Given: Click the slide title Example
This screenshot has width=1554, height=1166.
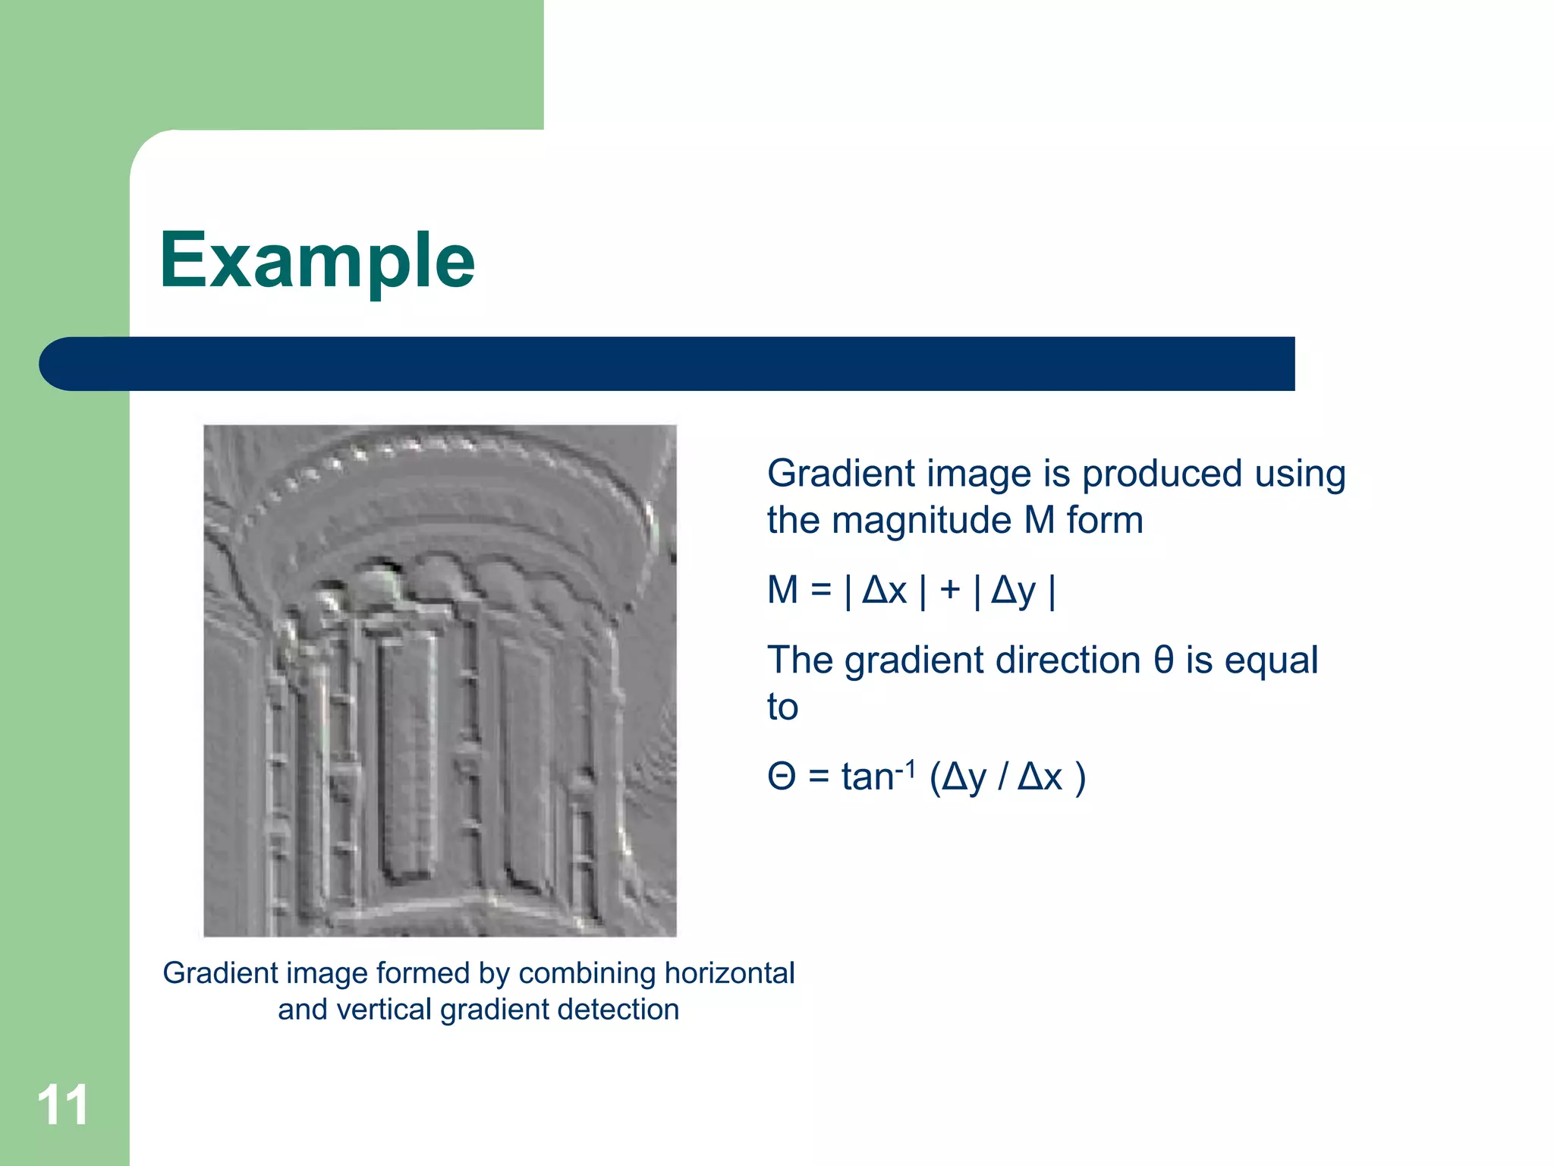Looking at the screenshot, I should point(316,261).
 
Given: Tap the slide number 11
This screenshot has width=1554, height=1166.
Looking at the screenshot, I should point(63,1105).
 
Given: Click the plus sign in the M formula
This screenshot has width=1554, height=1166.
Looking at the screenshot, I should point(949,590).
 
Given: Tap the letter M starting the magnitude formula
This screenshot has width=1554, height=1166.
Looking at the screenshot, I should point(783,590).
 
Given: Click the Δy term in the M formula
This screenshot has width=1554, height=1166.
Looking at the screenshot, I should point(1014,591).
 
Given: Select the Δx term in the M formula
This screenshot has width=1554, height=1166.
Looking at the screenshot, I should point(885,590).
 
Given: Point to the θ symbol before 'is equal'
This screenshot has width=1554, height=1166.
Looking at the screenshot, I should point(1163,659).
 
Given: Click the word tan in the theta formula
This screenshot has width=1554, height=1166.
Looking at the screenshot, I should point(867,777).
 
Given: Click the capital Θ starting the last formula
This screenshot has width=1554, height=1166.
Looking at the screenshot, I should point(782,777).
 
